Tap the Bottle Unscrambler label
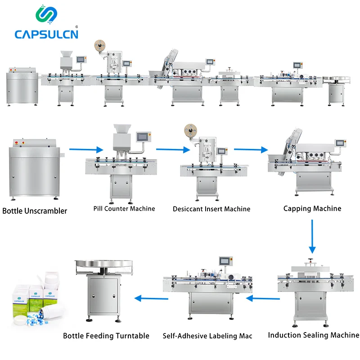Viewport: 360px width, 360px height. click(x=35, y=211)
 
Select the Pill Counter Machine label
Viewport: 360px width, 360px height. click(x=124, y=208)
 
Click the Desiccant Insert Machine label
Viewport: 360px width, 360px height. click(x=211, y=209)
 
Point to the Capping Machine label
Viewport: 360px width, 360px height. click(x=312, y=208)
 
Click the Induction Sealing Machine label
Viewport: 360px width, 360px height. click(x=314, y=335)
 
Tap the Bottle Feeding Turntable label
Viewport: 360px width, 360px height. click(x=106, y=336)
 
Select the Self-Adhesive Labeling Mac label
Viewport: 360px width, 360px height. click(x=207, y=336)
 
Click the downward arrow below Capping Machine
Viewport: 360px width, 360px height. click(x=312, y=236)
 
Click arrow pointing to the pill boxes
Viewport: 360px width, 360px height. click(x=151, y=298)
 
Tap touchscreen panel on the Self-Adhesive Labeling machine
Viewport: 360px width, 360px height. click(x=225, y=261)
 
